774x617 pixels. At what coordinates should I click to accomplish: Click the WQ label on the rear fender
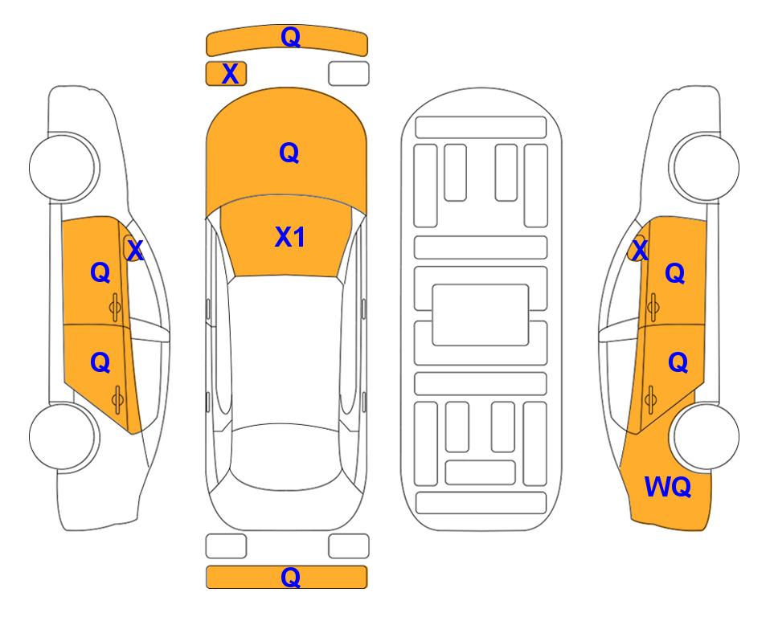[x=668, y=487]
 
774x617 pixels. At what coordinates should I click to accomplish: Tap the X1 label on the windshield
[x=290, y=237]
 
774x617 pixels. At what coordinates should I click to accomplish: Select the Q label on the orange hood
[x=289, y=153]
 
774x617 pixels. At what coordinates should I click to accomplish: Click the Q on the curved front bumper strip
[x=290, y=37]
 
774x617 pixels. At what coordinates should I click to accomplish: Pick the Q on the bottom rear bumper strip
[x=290, y=577]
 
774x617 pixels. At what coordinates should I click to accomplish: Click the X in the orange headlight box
[x=230, y=74]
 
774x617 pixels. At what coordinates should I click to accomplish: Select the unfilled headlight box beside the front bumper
[x=349, y=74]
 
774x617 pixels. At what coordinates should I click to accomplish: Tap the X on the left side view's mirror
[x=135, y=251]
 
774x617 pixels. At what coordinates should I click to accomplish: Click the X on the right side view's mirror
[x=640, y=250]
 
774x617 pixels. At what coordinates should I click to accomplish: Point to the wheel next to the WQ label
[x=706, y=436]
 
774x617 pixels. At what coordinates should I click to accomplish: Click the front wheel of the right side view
[x=706, y=167]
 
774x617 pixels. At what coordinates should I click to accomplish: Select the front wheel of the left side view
[x=63, y=167]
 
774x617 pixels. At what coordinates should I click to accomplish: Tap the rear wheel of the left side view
[x=63, y=436]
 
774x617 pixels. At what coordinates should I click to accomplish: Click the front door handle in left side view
[x=115, y=308]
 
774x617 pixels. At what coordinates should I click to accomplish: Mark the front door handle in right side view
[x=653, y=308]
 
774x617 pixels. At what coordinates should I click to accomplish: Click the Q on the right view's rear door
[x=678, y=363]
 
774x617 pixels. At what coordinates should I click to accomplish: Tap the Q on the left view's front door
[x=100, y=272]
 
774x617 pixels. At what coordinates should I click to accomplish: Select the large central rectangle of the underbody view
[x=481, y=315]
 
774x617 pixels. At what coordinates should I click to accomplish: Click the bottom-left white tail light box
[x=226, y=546]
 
